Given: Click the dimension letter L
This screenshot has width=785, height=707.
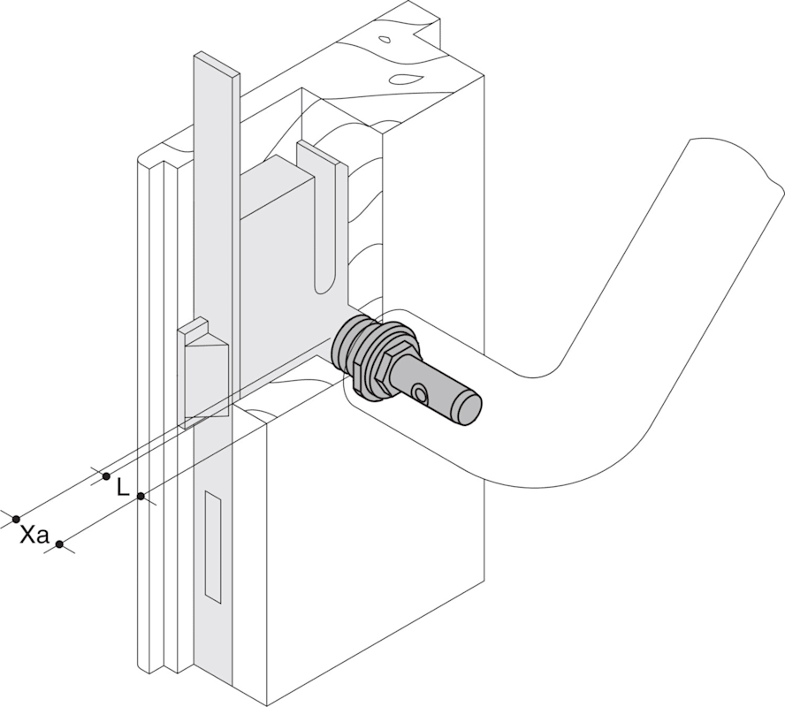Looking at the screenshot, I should pyautogui.click(x=123, y=486).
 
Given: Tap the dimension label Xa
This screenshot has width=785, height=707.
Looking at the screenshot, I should pyautogui.click(x=34, y=535).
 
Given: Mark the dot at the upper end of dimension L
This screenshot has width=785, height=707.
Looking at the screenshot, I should pyautogui.click(x=106, y=476).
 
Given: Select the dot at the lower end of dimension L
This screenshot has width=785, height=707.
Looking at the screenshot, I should pyautogui.click(x=141, y=498).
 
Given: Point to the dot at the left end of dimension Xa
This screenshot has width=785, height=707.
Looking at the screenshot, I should pyautogui.click(x=16, y=518).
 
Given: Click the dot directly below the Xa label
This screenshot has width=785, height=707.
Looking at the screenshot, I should pyautogui.click(x=59, y=544).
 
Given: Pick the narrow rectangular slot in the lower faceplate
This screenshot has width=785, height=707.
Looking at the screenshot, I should pyautogui.click(x=212, y=549).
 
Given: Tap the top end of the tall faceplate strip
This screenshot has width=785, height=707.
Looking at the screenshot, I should pyautogui.click(x=217, y=65).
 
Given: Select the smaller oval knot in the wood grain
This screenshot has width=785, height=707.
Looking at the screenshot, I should pyautogui.click(x=386, y=40).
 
